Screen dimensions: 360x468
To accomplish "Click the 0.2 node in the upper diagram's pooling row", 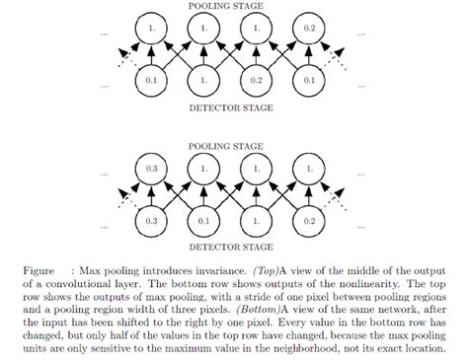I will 309,30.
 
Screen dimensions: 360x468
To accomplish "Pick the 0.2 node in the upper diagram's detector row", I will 257,78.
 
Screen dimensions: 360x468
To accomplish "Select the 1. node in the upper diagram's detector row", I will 204,78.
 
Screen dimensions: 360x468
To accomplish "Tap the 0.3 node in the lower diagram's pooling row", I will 151,170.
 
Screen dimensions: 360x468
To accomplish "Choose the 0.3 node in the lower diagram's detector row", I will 151,220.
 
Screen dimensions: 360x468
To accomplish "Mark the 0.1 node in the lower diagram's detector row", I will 204,220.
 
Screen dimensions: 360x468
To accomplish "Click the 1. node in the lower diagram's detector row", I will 257,220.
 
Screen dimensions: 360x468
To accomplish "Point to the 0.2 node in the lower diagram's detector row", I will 309,220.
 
